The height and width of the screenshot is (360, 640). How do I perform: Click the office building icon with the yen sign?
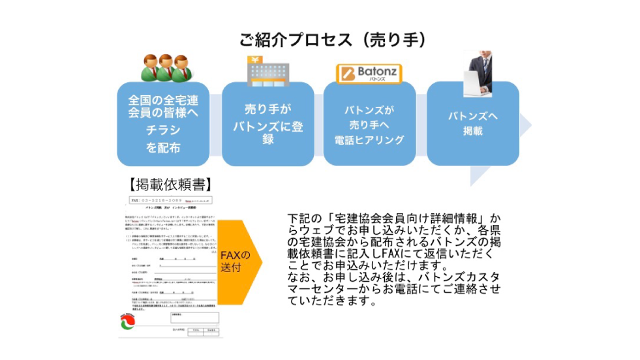click(x=266, y=71)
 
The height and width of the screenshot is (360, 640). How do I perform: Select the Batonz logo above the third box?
click(x=369, y=73)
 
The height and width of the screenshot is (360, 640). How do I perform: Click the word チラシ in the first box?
click(x=163, y=131)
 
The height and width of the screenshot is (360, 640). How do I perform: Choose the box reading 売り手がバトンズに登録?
click(x=267, y=123)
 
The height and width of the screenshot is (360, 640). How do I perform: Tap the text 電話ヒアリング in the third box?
click(x=369, y=140)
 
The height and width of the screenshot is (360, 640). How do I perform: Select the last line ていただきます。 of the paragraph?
click(x=332, y=302)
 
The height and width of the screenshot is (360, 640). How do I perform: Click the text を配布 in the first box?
click(x=163, y=147)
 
